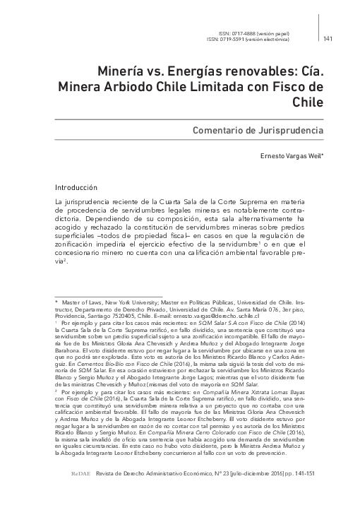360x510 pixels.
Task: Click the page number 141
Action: (x=328, y=38)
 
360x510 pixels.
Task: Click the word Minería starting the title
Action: (x=121, y=72)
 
